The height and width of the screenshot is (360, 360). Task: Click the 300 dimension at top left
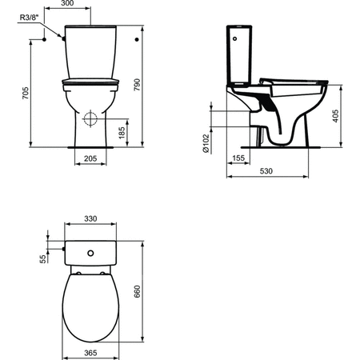tap(67, 3)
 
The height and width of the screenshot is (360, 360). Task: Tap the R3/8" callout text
tap(30, 18)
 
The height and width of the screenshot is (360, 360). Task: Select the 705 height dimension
tap(26, 93)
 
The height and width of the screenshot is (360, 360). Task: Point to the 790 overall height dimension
tap(137, 85)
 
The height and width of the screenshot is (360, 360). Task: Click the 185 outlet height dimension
tap(122, 133)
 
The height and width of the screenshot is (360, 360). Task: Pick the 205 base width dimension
tap(90, 158)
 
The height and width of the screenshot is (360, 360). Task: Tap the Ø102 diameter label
tap(206, 143)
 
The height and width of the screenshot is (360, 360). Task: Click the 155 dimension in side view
tap(238, 158)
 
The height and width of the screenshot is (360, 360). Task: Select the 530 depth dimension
tap(266, 171)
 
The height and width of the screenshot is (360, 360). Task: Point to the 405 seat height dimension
tap(336, 116)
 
